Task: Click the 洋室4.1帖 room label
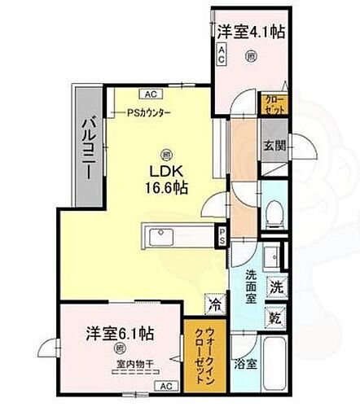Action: pyautogui.click(x=249, y=33)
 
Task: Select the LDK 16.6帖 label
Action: pyautogui.click(x=166, y=177)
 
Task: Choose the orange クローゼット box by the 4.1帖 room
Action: pyautogui.click(x=273, y=103)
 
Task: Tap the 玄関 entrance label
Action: pyautogui.click(x=272, y=147)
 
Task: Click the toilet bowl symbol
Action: pyautogui.click(x=275, y=214)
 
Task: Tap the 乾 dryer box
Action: pyautogui.click(x=276, y=317)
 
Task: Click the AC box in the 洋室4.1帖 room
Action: pyautogui.click(x=221, y=50)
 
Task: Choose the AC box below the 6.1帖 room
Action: pyautogui.click(x=165, y=385)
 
